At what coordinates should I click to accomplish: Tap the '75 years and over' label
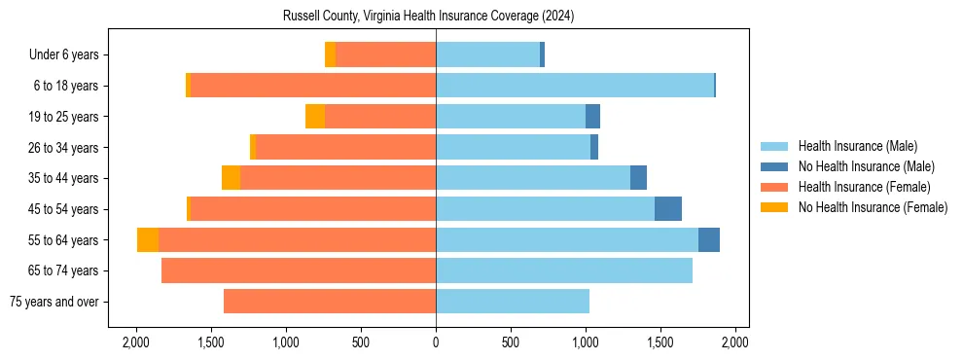pyautogui.click(x=53, y=302)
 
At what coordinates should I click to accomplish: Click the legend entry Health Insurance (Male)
pyautogui.click(x=857, y=146)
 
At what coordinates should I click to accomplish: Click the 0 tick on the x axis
pyautogui.click(x=436, y=342)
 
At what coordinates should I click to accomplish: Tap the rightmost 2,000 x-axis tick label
pyautogui.click(x=735, y=342)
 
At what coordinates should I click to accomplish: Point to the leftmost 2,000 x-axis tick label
pyautogui.click(x=136, y=342)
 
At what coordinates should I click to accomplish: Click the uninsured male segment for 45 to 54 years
pyautogui.click(x=668, y=209)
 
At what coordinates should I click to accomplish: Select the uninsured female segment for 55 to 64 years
pyautogui.click(x=148, y=240)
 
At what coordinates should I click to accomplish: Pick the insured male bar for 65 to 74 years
pyautogui.click(x=564, y=270)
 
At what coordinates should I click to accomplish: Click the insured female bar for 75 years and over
pyautogui.click(x=330, y=302)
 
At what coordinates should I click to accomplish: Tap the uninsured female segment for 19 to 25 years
pyautogui.click(x=315, y=117)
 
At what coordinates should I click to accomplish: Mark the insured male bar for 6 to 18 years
pyautogui.click(x=575, y=86)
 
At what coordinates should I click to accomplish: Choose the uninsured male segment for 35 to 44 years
pyautogui.click(x=638, y=178)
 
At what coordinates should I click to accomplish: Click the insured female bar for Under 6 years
pyautogui.click(x=386, y=55)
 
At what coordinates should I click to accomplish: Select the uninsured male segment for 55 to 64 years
pyautogui.click(x=709, y=240)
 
